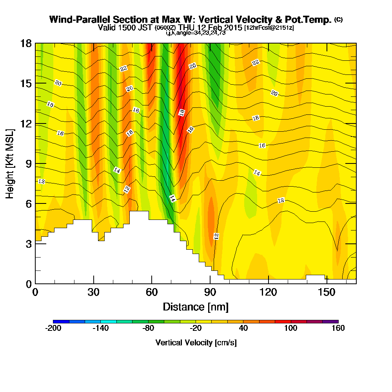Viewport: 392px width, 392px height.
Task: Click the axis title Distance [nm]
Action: [x=196, y=307]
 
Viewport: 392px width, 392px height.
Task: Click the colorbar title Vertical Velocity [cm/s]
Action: [x=196, y=343]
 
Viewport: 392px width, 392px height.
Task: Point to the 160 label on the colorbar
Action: [x=338, y=328]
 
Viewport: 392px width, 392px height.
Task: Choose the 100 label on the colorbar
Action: [x=291, y=328]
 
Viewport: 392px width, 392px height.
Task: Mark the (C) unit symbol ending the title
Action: [x=338, y=19]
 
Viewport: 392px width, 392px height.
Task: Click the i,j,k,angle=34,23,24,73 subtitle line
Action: [x=196, y=33]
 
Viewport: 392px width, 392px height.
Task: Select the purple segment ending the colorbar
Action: [x=330, y=321]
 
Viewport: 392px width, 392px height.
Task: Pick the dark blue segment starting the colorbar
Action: [x=61, y=321]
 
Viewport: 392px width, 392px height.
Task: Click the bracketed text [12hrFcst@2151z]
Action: [x=269, y=28]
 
